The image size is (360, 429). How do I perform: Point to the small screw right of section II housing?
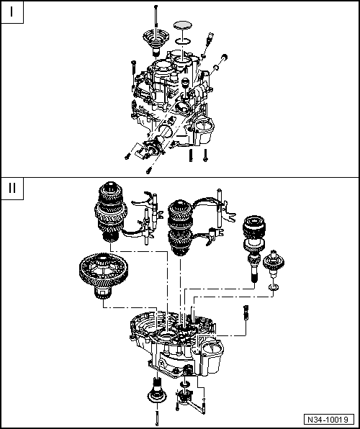tap(246, 312)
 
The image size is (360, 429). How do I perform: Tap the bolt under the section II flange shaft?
tap(156, 417)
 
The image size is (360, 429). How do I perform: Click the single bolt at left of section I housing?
tap(134, 71)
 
